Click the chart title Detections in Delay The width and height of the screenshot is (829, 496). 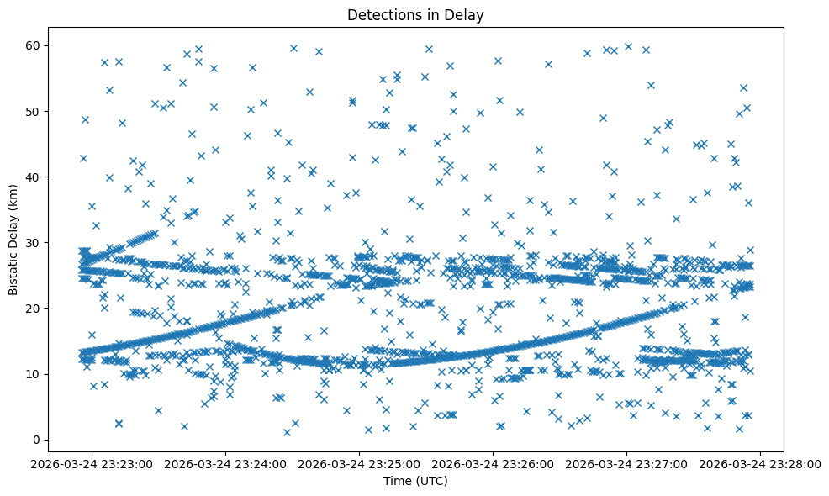tap(416, 14)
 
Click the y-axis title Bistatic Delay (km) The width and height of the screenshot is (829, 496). tap(13, 239)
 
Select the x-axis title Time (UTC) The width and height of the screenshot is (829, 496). tap(416, 481)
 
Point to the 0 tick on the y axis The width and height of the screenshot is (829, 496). tap(37, 440)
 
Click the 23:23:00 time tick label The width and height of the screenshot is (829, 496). tap(93, 462)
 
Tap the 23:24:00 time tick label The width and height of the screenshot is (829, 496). tap(227, 462)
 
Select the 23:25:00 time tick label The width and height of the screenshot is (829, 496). tap(361, 462)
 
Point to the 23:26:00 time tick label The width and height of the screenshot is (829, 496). tap(494, 462)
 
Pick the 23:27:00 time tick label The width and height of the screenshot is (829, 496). tap(628, 462)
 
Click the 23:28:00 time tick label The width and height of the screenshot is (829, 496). tap(761, 462)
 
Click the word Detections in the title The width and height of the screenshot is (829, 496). tap(384, 14)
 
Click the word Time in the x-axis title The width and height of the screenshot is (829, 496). tap(399, 481)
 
